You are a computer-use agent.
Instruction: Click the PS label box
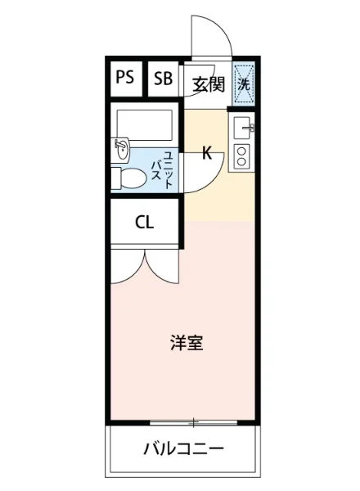click(124, 79)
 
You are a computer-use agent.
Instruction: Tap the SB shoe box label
click(164, 79)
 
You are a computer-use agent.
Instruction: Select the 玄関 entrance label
click(208, 83)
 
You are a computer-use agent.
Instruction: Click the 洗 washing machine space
click(244, 80)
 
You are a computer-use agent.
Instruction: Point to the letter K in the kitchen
click(207, 153)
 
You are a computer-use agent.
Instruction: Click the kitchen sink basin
click(244, 128)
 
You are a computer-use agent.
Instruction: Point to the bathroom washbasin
click(123, 148)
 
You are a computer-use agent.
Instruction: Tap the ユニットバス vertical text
click(163, 170)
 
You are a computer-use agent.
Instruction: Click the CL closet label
click(145, 223)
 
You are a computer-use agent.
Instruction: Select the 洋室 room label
click(187, 344)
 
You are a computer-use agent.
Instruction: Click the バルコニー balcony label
click(183, 449)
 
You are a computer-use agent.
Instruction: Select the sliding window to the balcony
click(194, 423)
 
